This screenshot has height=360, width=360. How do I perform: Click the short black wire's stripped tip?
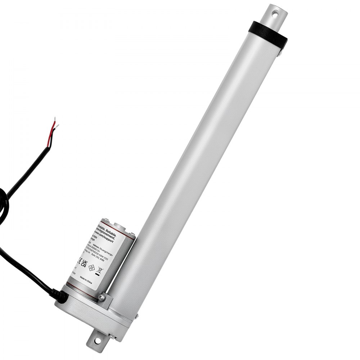56,127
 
